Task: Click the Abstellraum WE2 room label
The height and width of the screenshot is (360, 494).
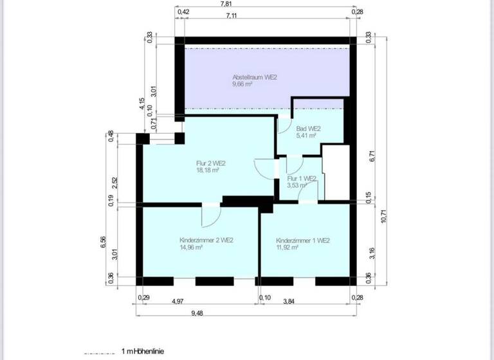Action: click(x=255, y=77)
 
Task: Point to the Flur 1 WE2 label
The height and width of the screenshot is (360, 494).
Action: click(x=301, y=178)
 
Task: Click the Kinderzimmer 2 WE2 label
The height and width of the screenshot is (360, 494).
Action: click(x=206, y=240)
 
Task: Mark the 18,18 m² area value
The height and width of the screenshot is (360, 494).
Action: click(x=208, y=170)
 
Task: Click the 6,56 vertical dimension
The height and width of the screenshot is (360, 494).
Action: click(x=104, y=241)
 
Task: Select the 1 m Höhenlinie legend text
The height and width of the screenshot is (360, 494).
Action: click(x=142, y=352)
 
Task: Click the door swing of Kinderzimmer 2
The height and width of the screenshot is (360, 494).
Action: click(x=210, y=217)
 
